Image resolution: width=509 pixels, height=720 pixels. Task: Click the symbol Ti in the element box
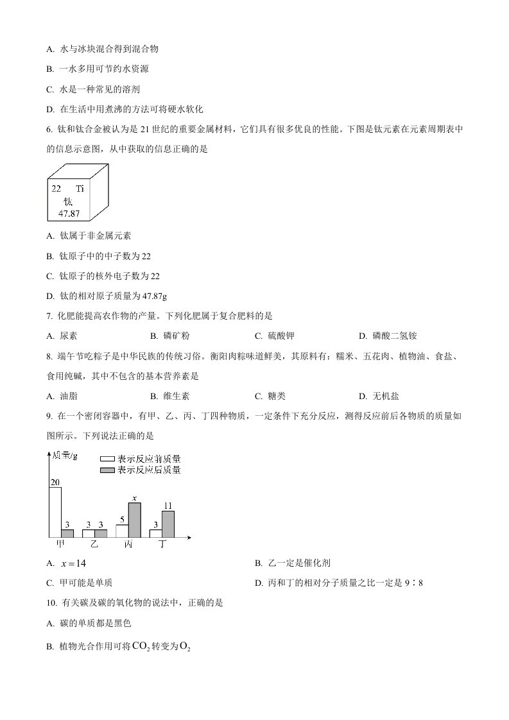point(80,189)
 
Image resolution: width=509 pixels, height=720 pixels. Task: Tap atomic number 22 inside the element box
point(56,189)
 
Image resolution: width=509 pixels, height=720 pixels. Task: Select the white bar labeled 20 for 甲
point(55,511)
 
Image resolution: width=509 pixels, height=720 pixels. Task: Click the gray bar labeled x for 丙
point(134,520)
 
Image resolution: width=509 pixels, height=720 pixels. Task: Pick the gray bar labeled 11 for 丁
point(168,524)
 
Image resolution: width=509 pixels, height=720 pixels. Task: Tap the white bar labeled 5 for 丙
point(122,531)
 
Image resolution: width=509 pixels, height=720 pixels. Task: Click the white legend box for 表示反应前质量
point(107,459)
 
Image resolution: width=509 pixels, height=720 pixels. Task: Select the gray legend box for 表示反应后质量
point(107,470)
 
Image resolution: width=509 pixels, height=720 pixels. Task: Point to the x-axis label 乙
point(94,544)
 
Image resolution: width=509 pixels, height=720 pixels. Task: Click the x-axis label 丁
point(162,544)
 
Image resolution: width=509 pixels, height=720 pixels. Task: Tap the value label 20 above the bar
point(55,483)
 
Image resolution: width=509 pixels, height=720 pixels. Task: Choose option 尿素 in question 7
point(68,336)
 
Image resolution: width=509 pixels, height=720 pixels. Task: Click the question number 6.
point(49,129)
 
